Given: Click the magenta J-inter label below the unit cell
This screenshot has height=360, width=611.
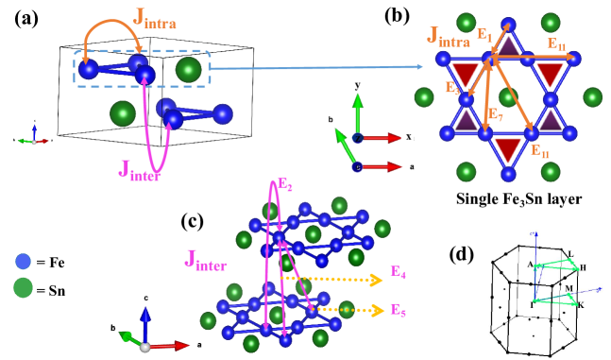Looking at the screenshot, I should (138, 170).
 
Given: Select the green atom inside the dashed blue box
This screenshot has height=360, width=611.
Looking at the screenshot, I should (188, 69).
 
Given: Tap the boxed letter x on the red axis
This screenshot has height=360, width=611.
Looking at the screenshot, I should (408, 137).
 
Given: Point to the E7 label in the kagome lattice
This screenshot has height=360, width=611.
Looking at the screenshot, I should (494, 114).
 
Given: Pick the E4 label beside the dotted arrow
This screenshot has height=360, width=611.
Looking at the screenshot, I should (399, 272).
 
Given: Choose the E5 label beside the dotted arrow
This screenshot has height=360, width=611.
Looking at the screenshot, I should (399, 310).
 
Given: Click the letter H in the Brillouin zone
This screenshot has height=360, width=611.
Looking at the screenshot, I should (583, 268).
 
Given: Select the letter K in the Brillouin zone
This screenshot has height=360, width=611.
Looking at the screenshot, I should (581, 306).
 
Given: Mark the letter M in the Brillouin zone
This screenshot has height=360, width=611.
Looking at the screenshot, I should (568, 287).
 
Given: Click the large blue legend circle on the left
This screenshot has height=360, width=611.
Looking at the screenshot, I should (24, 261).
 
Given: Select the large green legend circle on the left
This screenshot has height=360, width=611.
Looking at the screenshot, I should (24, 287).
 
